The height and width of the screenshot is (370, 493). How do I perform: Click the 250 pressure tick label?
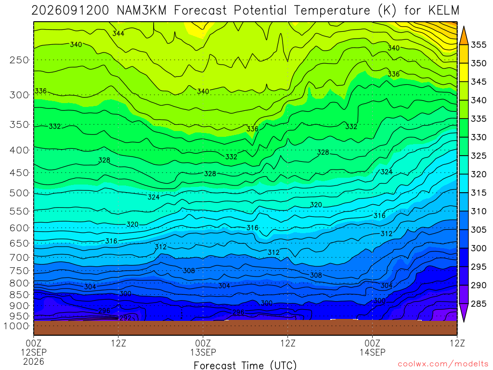point(19,60)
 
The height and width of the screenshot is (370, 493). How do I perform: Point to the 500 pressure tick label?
point(19,193)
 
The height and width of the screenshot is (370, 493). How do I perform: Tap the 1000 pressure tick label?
point(16,326)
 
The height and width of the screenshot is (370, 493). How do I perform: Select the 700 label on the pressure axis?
point(19,258)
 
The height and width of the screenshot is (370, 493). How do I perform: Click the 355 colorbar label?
point(479,45)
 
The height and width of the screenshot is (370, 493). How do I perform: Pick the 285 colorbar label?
point(479,304)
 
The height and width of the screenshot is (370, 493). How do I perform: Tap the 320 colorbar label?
point(479,174)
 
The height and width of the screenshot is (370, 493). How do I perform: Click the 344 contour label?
point(118,33)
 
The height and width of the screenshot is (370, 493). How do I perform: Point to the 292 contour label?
point(125,318)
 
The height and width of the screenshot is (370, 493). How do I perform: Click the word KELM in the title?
point(443,11)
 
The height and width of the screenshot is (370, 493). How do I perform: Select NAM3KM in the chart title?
point(142,11)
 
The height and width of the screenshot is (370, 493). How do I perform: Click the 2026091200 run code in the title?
point(70,11)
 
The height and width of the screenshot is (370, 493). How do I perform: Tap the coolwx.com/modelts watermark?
point(443,364)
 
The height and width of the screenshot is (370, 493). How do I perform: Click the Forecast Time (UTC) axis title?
point(245,365)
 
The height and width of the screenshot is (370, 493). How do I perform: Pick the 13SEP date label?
point(203,352)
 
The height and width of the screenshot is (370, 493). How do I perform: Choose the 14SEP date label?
point(373,352)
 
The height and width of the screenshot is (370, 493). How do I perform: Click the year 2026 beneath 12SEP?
point(34,361)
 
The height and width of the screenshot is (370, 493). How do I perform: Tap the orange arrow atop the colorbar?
point(464,36)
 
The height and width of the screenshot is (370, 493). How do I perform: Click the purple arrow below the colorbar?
point(464,312)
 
